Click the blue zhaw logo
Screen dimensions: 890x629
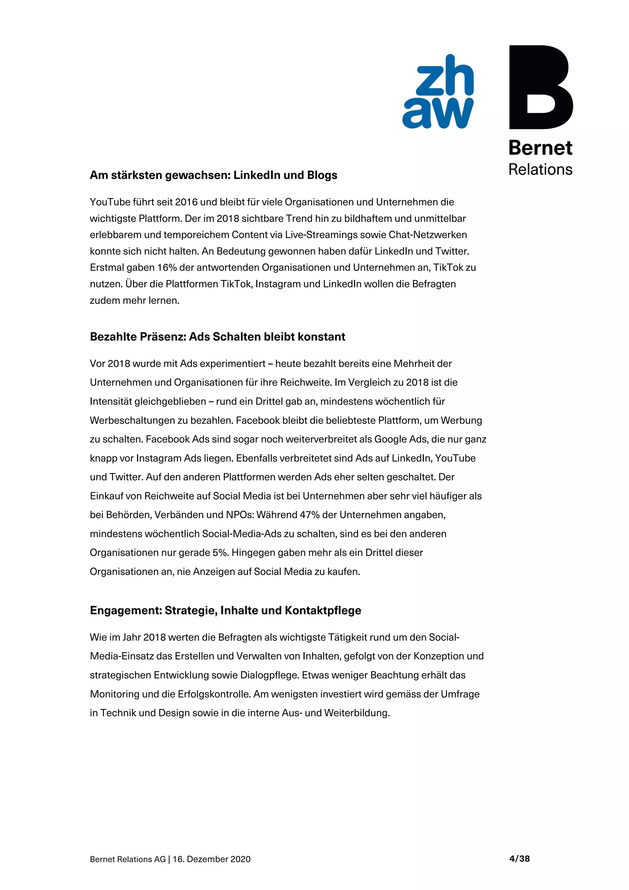438,92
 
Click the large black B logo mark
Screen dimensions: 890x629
540,87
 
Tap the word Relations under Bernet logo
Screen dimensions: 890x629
540,170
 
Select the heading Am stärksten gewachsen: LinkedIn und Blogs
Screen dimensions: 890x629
213,175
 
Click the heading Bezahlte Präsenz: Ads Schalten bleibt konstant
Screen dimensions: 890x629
217,337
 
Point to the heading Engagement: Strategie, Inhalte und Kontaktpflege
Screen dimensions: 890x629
225,610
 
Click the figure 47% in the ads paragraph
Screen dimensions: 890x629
310,515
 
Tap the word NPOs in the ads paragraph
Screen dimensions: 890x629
240,515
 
